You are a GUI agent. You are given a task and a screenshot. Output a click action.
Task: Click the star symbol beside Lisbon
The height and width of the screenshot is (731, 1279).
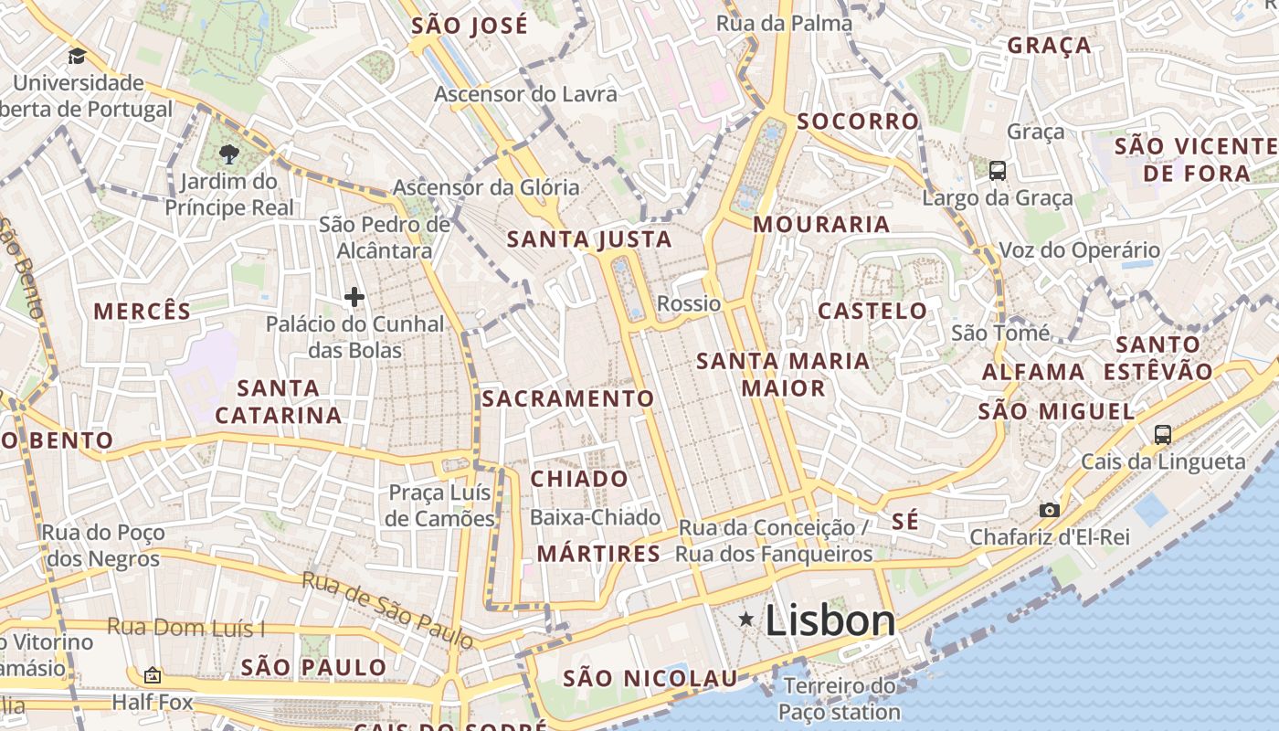click(746, 620)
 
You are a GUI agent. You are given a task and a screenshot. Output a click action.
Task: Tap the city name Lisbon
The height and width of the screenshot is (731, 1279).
click(830, 621)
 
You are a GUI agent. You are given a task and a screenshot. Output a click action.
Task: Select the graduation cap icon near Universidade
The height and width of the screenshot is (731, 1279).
click(77, 56)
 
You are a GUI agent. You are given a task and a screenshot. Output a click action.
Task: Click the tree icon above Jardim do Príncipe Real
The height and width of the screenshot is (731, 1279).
click(228, 154)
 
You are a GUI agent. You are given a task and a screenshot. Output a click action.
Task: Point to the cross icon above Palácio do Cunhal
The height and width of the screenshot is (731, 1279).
click(354, 296)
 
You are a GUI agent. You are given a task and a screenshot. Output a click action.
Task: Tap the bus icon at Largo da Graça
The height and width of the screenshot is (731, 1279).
click(998, 170)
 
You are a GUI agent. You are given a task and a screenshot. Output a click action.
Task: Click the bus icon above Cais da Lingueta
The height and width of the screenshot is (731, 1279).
click(1162, 435)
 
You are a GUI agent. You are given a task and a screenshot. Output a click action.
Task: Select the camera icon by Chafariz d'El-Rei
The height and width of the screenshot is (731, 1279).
click(1050, 510)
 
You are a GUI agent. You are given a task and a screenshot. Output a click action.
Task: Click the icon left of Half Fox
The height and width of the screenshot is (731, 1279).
click(153, 675)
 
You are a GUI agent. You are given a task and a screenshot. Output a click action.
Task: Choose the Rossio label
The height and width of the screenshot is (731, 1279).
click(689, 303)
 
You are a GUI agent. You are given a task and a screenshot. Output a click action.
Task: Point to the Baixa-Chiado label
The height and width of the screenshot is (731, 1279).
click(595, 517)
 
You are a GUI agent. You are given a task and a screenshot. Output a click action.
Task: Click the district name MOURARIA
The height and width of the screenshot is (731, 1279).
click(821, 224)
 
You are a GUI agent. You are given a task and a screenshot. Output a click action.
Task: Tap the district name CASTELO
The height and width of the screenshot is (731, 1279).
click(872, 311)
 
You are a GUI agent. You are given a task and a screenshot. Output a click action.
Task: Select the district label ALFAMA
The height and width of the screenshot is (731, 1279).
click(1033, 372)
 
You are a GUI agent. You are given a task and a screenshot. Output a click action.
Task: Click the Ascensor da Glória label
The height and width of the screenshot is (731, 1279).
click(486, 187)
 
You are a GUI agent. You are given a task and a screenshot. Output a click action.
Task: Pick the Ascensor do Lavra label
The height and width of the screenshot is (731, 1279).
click(525, 94)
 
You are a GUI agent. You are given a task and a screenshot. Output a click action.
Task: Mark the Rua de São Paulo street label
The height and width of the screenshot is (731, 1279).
click(388, 609)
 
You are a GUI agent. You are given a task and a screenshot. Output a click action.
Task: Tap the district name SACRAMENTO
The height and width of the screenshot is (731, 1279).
click(568, 398)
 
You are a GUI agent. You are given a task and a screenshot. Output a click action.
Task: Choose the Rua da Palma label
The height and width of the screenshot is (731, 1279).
click(784, 24)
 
